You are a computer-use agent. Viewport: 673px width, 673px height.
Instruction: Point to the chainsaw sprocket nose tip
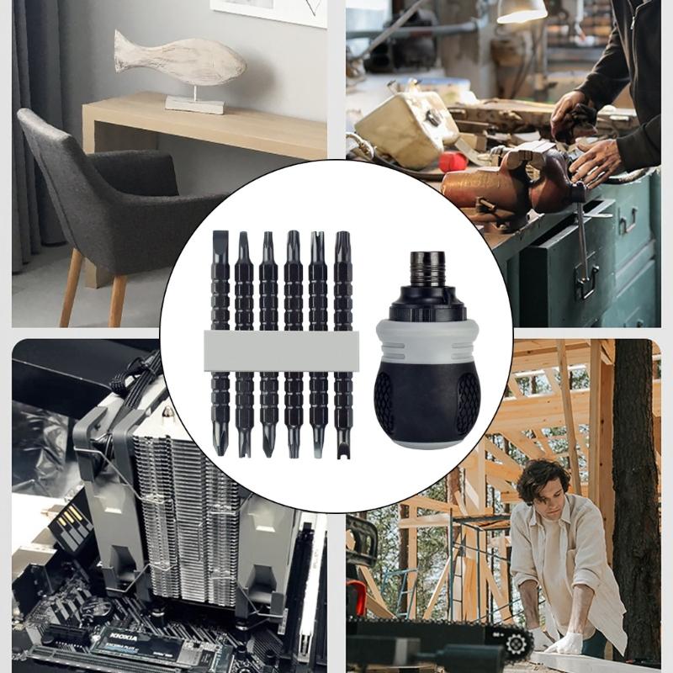(x=517, y=644)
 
